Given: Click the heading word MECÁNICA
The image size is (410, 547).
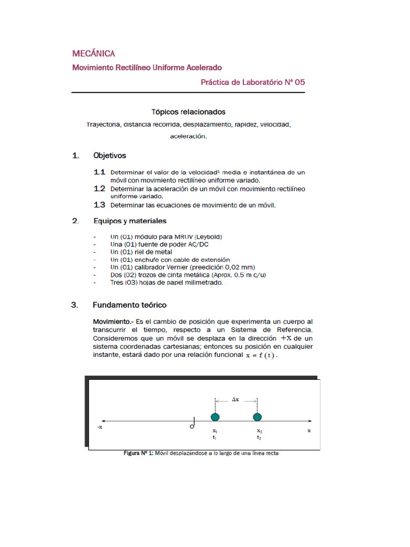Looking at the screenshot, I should pos(93,53).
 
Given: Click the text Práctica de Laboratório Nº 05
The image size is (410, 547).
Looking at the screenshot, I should pos(253,82).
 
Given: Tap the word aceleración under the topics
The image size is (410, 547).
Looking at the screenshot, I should pos(188,136).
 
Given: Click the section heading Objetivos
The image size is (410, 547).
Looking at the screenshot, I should pos(109,155).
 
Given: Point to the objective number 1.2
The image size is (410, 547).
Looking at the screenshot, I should pos(99,189).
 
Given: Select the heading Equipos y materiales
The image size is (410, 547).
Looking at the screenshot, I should pos(130,221).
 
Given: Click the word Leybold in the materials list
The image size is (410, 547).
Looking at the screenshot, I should pos(208,237).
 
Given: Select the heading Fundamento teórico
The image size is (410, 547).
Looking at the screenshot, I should pos(129,305).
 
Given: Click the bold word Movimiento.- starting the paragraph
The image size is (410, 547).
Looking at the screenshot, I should pos(113,322).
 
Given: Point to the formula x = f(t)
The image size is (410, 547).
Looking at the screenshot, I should pos(261,355).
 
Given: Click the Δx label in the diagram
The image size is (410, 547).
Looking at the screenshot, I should pos(235,398).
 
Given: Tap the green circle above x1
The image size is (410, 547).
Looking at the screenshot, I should pos(215,417).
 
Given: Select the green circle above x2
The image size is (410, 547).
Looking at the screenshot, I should pos(257,417).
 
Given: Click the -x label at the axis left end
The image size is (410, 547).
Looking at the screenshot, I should pos(99,428).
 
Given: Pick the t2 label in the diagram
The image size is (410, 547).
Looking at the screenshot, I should pos(259,437).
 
